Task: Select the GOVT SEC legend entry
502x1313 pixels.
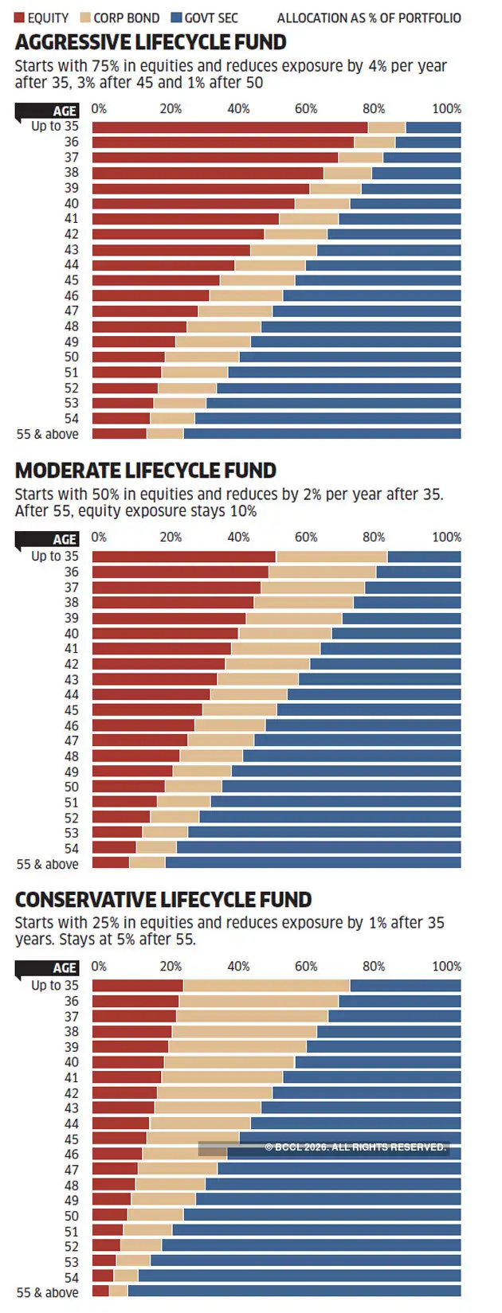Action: pyautogui.click(x=205, y=18)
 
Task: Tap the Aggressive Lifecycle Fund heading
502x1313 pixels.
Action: pyautogui.click(x=151, y=42)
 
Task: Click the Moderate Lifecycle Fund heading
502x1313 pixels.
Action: pyautogui.click(x=146, y=471)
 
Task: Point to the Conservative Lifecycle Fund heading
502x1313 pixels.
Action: pyautogui.click(x=163, y=900)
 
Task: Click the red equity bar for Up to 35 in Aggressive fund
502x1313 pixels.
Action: pyautogui.click(x=229, y=127)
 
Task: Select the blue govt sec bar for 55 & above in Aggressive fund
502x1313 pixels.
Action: pyautogui.click(x=322, y=434)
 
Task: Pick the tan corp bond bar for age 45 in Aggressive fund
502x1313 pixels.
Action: pyautogui.click(x=257, y=280)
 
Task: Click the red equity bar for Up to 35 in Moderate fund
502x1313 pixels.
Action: pyautogui.click(x=184, y=557)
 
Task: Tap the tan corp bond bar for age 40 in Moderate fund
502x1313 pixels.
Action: pyautogui.click(x=285, y=634)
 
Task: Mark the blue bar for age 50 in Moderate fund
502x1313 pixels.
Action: pyautogui.click(x=341, y=787)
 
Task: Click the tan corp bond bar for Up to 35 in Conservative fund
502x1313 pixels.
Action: pyautogui.click(x=266, y=986)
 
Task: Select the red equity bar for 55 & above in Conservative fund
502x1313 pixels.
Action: pyautogui.click(x=100, y=1291)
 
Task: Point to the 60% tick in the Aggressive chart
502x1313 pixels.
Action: pyautogui.click(x=306, y=109)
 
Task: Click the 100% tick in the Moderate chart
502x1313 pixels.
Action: pyautogui.click(x=446, y=537)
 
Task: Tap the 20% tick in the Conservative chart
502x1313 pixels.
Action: pyautogui.click(x=171, y=967)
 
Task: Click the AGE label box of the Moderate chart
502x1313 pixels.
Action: pyautogui.click(x=64, y=539)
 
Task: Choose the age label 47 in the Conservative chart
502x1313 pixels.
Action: pyautogui.click(x=72, y=1170)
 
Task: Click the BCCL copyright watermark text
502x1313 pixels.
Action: pyautogui.click(x=355, y=1147)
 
